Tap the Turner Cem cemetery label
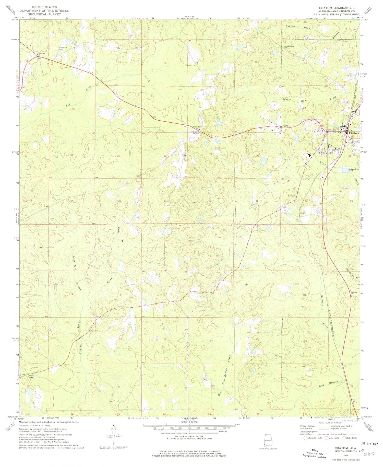pyautogui.click(x=303, y=213)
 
